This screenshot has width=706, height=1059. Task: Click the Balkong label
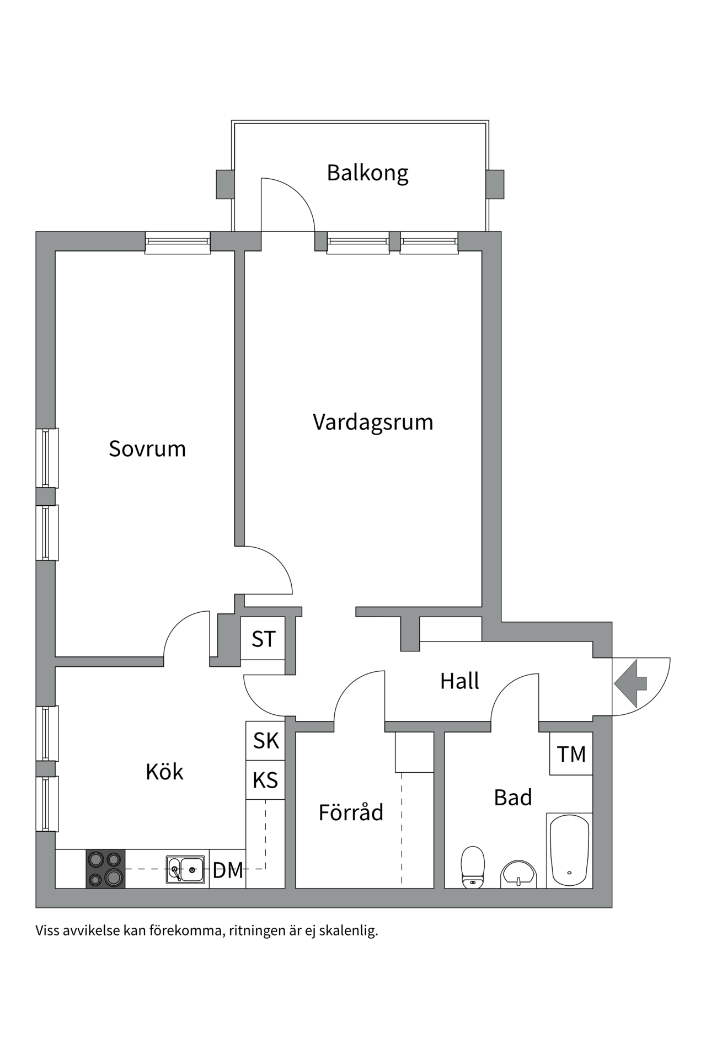click(x=367, y=173)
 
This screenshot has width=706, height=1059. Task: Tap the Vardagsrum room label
click(x=373, y=422)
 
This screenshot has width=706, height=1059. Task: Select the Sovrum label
click(x=147, y=449)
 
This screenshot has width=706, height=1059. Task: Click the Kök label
click(x=164, y=772)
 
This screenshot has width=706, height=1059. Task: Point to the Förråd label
click(x=351, y=812)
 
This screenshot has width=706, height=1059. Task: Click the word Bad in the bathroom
click(x=513, y=798)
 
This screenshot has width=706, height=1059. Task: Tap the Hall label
click(x=459, y=681)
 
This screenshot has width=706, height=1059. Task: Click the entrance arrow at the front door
click(x=630, y=683)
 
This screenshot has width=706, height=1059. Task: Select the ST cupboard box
click(x=263, y=639)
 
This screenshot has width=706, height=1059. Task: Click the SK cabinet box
click(x=266, y=741)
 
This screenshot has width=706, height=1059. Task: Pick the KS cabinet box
click(x=265, y=780)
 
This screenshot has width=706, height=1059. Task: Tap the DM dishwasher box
click(x=228, y=871)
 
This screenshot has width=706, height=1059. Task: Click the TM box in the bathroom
click(x=571, y=754)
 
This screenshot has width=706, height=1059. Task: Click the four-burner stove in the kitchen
click(x=105, y=869)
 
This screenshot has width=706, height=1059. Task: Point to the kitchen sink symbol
click(x=185, y=870)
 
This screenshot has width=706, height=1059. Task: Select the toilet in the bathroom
click(x=473, y=867)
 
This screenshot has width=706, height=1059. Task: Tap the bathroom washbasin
click(x=518, y=875)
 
